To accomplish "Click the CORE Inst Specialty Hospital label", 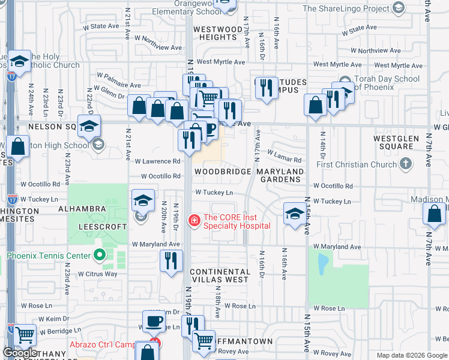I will click(x=231, y=221).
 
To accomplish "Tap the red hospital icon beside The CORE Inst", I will click(x=194, y=221).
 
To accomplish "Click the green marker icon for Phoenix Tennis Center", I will click(x=100, y=256).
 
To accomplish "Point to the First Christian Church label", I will click(x=357, y=164).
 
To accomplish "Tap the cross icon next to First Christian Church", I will click(x=406, y=164).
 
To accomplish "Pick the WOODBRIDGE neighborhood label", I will click(x=222, y=172).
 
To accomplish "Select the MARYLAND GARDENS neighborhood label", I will click(x=280, y=176).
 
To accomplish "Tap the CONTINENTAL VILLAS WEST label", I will click(x=219, y=276).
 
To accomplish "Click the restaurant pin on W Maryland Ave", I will click(x=171, y=261).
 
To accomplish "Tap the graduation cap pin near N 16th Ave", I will click(x=295, y=214).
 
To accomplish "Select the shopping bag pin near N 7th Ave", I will click(x=434, y=214).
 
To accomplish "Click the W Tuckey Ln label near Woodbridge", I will click(x=214, y=193).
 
